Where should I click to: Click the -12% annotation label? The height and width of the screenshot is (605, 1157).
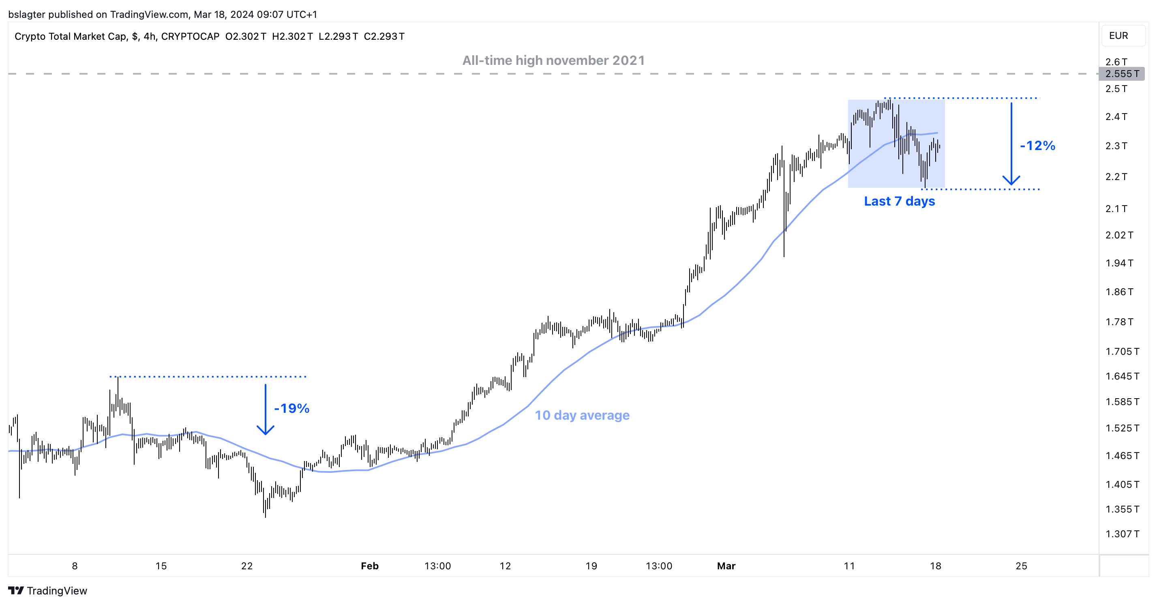pyautogui.click(x=1037, y=146)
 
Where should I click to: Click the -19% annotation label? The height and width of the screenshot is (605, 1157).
pyautogui.click(x=291, y=408)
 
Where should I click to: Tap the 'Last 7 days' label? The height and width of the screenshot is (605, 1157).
pyautogui.click(x=899, y=201)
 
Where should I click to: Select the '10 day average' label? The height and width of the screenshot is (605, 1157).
pyautogui.click(x=582, y=415)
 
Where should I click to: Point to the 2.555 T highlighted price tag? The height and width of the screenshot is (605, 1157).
pyautogui.click(x=1121, y=74)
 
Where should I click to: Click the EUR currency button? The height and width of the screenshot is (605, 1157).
pyautogui.click(x=1118, y=36)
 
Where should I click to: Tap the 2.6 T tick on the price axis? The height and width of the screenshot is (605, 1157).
pyautogui.click(x=1116, y=62)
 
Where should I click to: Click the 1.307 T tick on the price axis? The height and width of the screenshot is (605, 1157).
pyautogui.click(x=1122, y=534)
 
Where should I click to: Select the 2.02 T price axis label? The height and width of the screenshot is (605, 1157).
pyautogui.click(x=1119, y=235)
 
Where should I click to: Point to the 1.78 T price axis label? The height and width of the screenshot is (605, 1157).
pyautogui.click(x=1119, y=322)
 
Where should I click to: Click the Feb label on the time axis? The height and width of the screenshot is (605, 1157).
pyautogui.click(x=370, y=566)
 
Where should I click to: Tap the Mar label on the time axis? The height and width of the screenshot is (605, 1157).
pyautogui.click(x=726, y=566)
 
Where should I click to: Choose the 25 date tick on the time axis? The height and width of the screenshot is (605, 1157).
pyautogui.click(x=1021, y=566)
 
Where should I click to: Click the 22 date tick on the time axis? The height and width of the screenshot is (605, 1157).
pyautogui.click(x=246, y=566)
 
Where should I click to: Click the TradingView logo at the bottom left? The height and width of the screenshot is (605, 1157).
pyautogui.click(x=47, y=591)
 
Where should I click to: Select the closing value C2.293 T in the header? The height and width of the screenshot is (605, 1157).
pyautogui.click(x=384, y=36)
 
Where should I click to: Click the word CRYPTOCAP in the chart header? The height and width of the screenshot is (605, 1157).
pyautogui.click(x=190, y=36)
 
